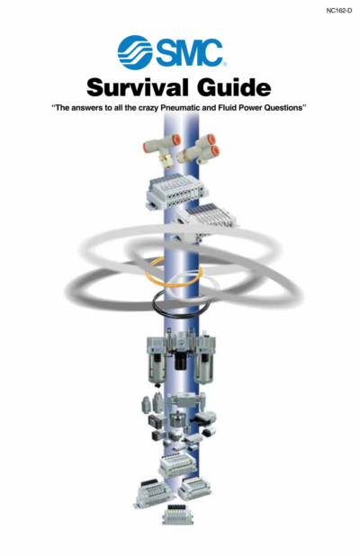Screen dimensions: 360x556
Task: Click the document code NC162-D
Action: pyautogui.click(x=338, y=11)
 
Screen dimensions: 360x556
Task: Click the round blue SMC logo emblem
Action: pyautogui.click(x=135, y=52)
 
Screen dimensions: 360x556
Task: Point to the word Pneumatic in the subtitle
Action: pyautogui.click(x=181, y=108)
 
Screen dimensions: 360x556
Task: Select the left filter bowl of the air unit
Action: pyautogui.click(x=157, y=369)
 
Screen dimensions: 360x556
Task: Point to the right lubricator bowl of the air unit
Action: pyautogui.click(x=203, y=369)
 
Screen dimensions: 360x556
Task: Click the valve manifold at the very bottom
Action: pyautogui.click(x=178, y=515)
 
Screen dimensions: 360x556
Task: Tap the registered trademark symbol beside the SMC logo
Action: pyautogui.click(x=225, y=65)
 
